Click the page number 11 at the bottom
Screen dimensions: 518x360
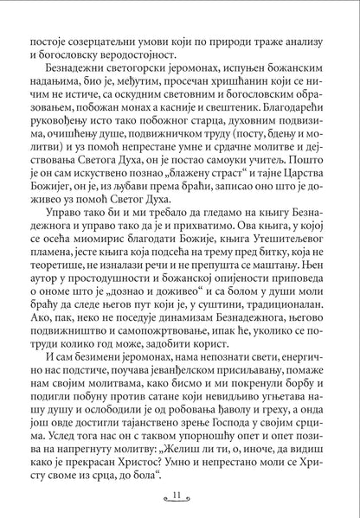point(180,494)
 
